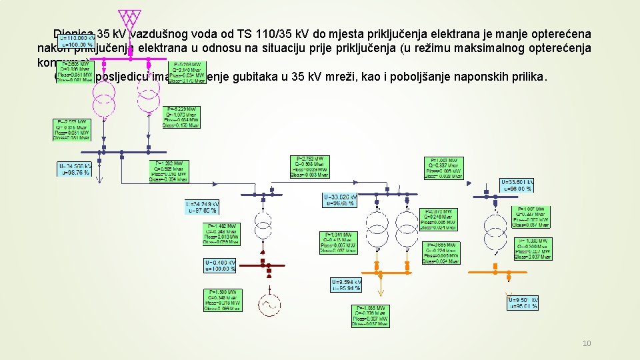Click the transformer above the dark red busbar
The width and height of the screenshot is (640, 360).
coord(263,225)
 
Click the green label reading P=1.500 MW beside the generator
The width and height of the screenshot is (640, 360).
coord(222,301)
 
